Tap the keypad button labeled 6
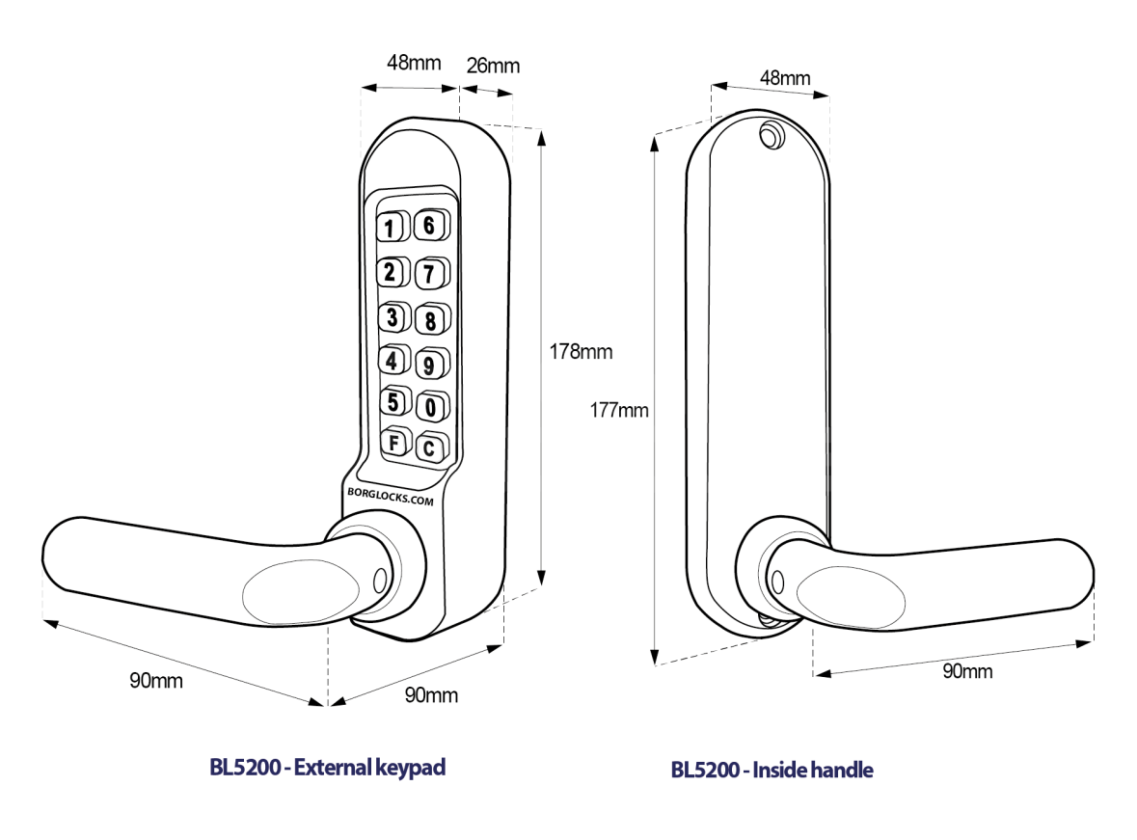(431, 226)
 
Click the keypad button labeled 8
(431, 318)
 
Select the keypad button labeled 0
(431, 408)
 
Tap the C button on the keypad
(429, 447)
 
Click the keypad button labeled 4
(392, 361)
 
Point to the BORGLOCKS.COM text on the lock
(390, 491)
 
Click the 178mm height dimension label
(581, 351)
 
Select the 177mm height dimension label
(620, 410)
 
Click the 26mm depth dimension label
(493, 66)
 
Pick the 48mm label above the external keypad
(414, 64)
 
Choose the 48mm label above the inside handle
(784, 77)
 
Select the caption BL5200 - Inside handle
(772, 770)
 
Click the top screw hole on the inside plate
(771, 135)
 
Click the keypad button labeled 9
(431, 365)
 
